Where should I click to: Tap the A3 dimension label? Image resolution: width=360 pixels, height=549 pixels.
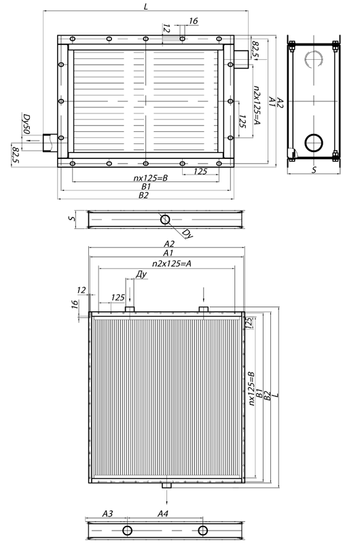[107, 514]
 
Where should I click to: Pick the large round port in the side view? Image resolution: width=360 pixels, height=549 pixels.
[314, 143]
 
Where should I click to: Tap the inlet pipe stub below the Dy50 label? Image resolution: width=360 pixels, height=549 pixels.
[48, 143]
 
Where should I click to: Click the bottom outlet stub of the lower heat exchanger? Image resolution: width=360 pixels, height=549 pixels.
[166, 486]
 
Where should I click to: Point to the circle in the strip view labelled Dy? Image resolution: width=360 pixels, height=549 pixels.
[164, 219]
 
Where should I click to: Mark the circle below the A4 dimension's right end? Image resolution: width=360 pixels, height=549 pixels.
[202, 531]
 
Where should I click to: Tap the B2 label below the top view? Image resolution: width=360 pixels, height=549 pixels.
[144, 195]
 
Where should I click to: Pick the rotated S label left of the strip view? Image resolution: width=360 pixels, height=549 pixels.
[71, 219]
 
